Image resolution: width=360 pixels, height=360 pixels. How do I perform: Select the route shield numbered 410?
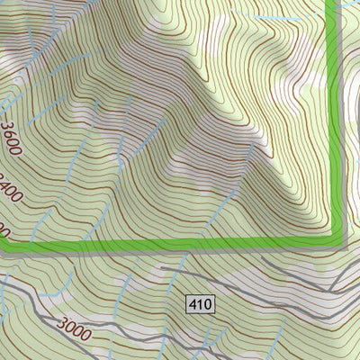201,305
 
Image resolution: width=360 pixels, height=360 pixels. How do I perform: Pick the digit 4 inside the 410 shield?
193,305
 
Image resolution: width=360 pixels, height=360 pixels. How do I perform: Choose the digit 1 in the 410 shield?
201,305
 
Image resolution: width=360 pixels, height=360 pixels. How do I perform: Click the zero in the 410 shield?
208,305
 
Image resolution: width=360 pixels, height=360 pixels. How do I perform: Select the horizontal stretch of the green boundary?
180,244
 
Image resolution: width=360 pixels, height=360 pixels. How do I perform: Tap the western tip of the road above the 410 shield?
162,267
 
